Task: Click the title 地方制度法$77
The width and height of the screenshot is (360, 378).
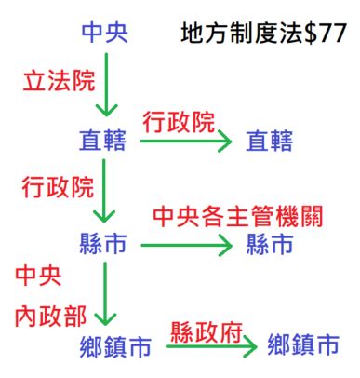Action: pyautogui.click(x=264, y=35)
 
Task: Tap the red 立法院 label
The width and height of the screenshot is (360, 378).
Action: pyautogui.click(x=57, y=82)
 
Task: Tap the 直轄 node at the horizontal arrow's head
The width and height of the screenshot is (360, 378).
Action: pyautogui.click(x=269, y=142)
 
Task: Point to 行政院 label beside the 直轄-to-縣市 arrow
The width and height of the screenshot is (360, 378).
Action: pyautogui.click(x=58, y=186)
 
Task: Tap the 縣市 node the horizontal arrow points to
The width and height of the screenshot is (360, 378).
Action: pyautogui.click(x=269, y=245)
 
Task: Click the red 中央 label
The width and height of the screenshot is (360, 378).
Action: pyautogui.click(x=38, y=276)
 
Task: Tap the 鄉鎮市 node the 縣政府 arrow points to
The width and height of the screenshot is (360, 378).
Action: pyautogui.click(x=303, y=347)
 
